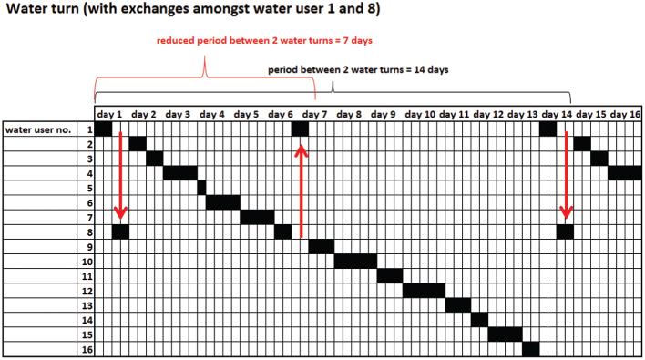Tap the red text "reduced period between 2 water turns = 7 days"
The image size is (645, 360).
pos(264,41)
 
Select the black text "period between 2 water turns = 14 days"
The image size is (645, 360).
pos(358,69)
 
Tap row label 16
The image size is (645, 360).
pos(87,350)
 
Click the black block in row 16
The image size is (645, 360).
pos(532,350)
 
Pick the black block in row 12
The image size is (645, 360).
pos(423,291)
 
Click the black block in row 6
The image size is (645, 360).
pos(222,202)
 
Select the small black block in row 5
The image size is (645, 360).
pos(201,188)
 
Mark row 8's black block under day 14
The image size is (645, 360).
pos(565,231)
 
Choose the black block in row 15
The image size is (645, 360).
pos(506,334)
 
